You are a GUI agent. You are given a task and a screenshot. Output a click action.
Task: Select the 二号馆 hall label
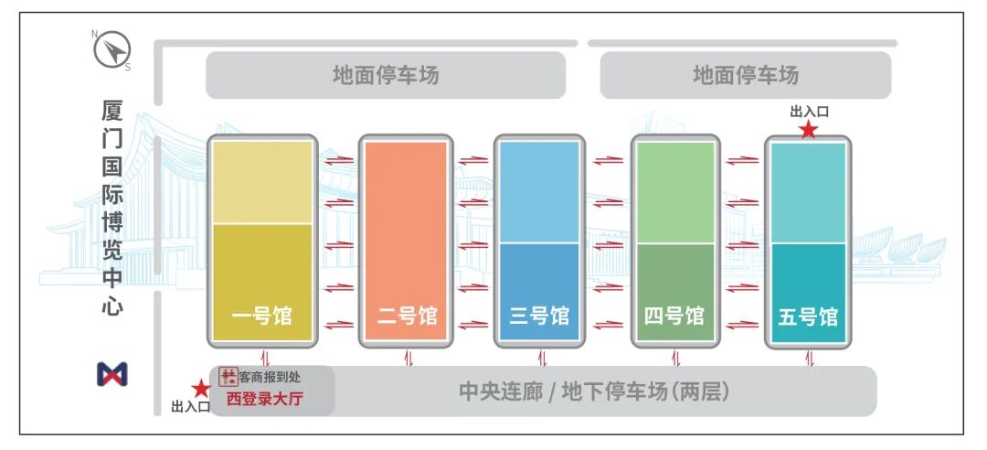click(x=407, y=316)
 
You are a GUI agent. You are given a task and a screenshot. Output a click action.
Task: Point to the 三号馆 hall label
click(x=538, y=316)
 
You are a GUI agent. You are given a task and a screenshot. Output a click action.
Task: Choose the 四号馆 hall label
click(x=674, y=316)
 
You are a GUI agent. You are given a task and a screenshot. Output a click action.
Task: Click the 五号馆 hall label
click(x=808, y=317)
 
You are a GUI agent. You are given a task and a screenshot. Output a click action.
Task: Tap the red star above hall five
click(x=808, y=130)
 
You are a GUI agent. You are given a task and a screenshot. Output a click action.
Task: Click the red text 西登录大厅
click(x=264, y=399)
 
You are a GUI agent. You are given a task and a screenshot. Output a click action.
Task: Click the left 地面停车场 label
click(x=385, y=75)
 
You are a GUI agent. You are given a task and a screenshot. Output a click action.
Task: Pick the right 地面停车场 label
click(x=745, y=75)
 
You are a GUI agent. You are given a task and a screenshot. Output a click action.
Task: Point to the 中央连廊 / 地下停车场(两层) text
click(x=594, y=391)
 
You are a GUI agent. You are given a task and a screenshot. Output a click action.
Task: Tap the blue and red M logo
click(x=112, y=373)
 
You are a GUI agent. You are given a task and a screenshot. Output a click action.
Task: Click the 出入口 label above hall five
click(x=809, y=112)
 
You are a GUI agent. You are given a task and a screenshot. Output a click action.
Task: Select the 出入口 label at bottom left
click(x=190, y=407)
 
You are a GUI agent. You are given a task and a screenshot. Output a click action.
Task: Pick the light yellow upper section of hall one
click(x=262, y=181)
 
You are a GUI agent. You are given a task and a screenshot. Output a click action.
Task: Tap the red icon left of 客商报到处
click(x=228, y=377)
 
